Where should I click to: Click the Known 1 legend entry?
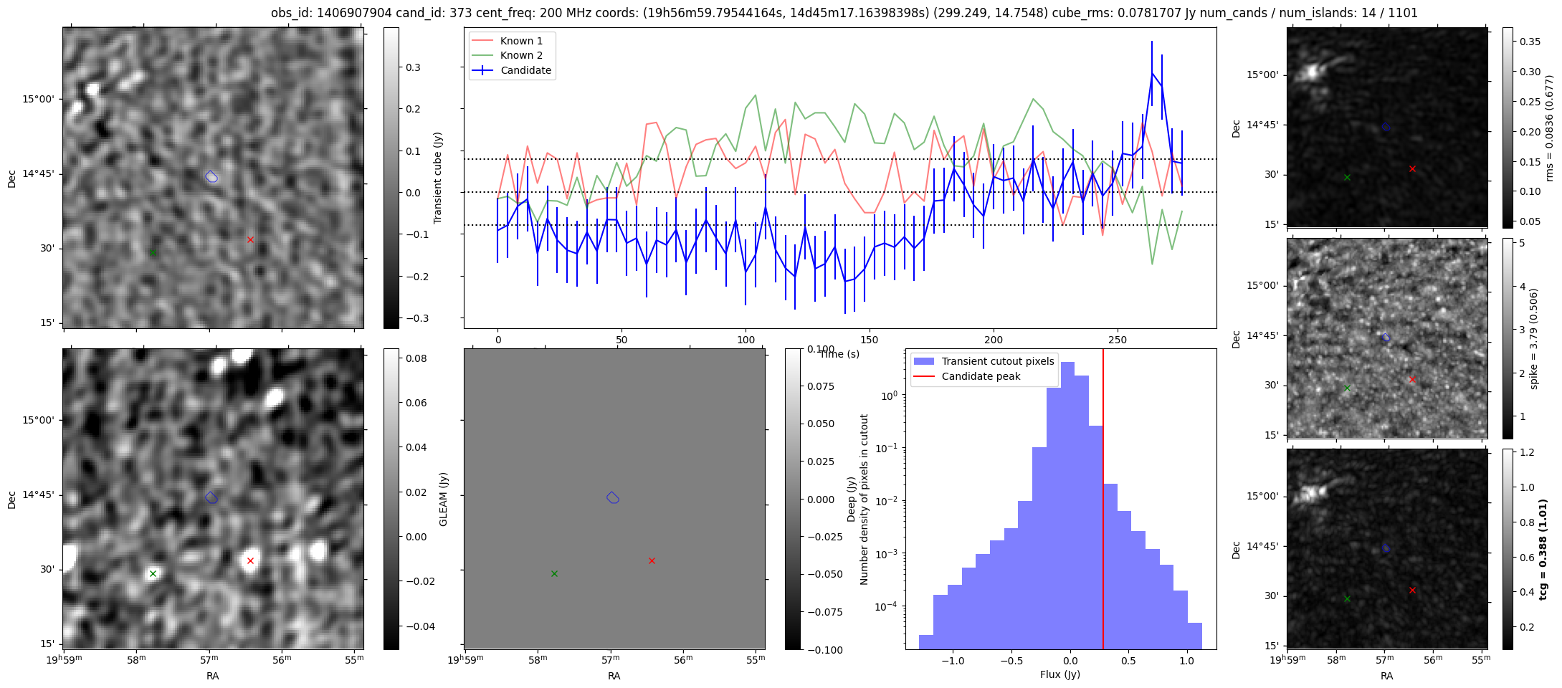click(x=521, y=41)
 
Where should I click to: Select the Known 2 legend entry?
click(x=521, y=55)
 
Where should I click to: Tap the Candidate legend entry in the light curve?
click(x=525, y=70)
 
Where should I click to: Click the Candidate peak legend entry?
click(x=980, y=376)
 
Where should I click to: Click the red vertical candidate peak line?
click(x=1103, y=502)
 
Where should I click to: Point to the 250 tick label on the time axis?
click(x=1118, y=340)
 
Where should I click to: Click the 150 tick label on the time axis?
click(x=870, y=340)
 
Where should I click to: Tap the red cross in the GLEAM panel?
click(x=652, y=560)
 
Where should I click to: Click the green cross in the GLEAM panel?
click(x=554, y=573)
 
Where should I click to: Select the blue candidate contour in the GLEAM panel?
click(x=612, y=497)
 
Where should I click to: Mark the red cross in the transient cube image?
click(x=250, y=239)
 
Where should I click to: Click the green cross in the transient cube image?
click(x=153, y=252)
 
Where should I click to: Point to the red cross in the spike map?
click(x=1412, y=379)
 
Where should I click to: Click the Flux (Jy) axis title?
click(x=1059, y=674)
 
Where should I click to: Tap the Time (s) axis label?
click(x=839, y=354)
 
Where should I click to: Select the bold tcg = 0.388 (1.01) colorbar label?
click(x=1543, y=549)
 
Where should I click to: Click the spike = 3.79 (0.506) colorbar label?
click(x=1533, y=338)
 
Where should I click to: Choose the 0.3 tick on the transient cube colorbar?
click(x=414, y=67)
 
